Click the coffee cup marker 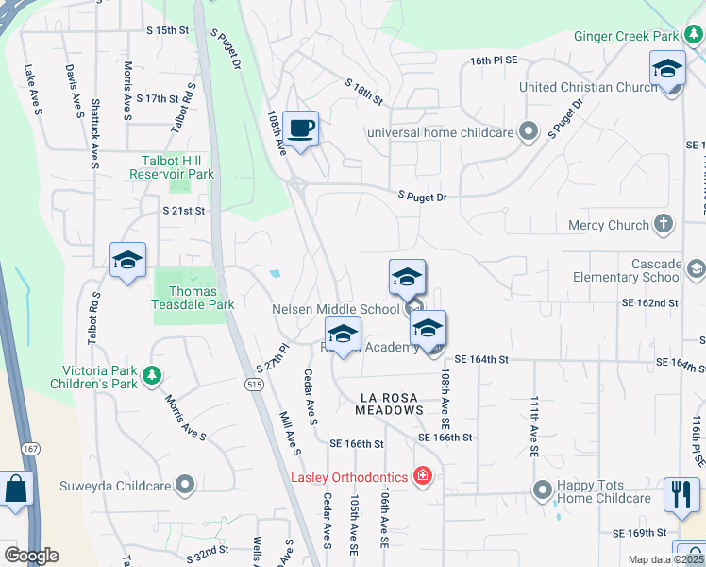pyautogui.click(x=300, y=128)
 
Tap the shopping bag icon pyautogui.click(x=16, y=490)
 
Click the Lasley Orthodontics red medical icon pyautogui.click(x=423, y=477)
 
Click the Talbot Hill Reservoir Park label pyautogui.click(x=177, y=167)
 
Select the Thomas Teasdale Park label pyautogui.click(x=193, y=298)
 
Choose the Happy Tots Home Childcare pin pyautogui.click(x=542, y=490)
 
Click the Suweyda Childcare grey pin pyautogui.click(x=185, y=487)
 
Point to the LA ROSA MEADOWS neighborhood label pyautogui.click(x=389, y=404)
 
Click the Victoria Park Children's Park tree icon pyautogui.click(x=151, y=378)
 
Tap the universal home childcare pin pyautogui.click(x=528, y=132)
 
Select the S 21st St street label pyautogui.click(x=183, y=211)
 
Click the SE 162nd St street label pyautogui.click(x=649, y=303)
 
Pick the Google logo pyautogui.click(x=30, y=556)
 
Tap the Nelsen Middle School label pyautogui.click(x=335, y=309)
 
